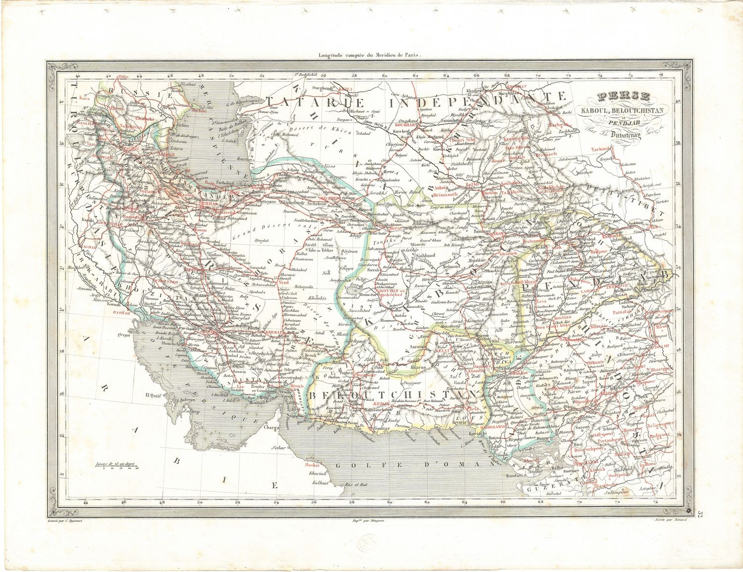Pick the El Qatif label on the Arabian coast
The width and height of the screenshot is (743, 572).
(154, 395)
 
